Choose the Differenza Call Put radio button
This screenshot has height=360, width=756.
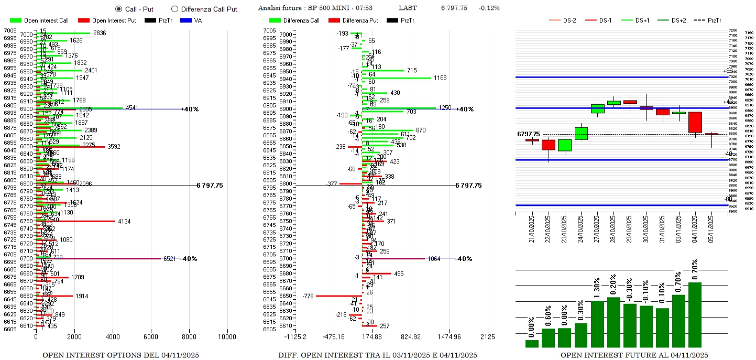[174, 9]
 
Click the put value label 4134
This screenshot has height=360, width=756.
[124, 222]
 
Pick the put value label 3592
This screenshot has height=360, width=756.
[114, 147]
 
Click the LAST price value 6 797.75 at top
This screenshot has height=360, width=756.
[454, 8]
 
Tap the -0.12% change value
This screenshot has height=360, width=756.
[489, 8]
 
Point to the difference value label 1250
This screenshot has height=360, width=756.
[445, 108]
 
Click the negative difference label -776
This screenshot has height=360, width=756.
[308, 297]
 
